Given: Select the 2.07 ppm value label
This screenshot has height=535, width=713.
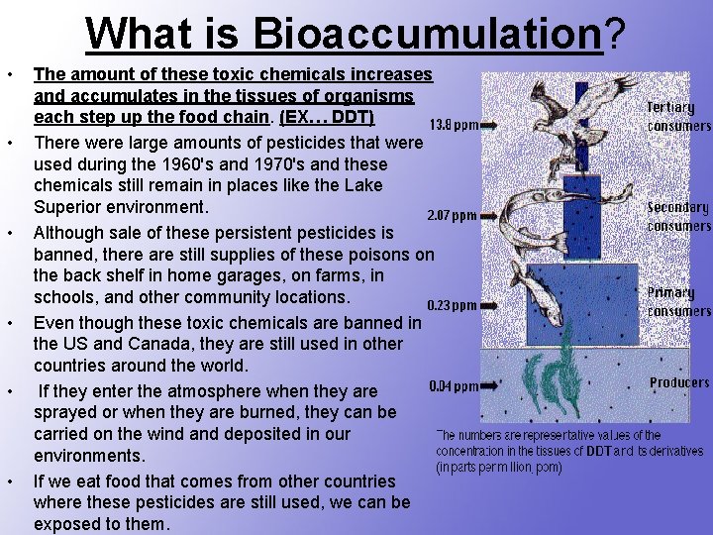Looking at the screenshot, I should pyautogui.click(x=451, y=215).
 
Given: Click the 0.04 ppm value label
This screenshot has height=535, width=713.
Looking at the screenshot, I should pyautogui.click(x=455, y=386).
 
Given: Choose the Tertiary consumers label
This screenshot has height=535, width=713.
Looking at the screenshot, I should pyautogui.click(x=678, y=117).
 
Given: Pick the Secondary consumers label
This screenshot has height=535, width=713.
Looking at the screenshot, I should pyautogui.click(x=678, y=217).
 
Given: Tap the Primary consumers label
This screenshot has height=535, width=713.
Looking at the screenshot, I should pyautogui.click(x=678, y=301).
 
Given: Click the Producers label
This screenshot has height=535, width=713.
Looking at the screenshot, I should pyautogui.click(x=679, y=382).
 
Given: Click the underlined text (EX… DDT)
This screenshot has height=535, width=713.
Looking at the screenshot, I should pyautogui.click(x=327, y=118).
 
